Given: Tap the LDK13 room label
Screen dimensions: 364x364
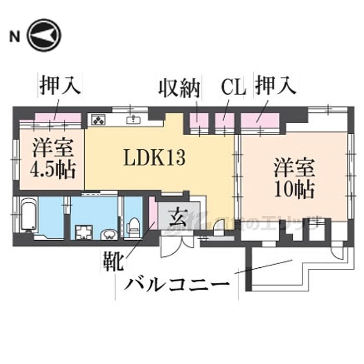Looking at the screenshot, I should click(x=154, y=157).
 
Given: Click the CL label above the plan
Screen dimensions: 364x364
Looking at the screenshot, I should click(x=232, y=87).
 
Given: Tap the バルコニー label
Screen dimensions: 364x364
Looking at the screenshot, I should click(x=177, y=285).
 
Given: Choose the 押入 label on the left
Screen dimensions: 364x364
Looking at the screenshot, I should click(x=60, y=86).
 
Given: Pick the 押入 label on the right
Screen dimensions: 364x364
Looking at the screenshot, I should click(x=275, y=86).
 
